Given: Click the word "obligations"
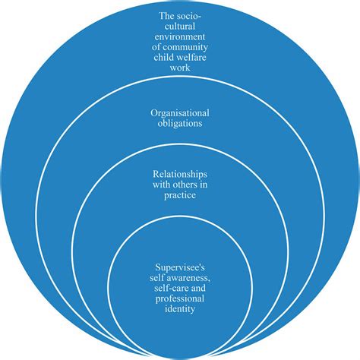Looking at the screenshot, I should click(180, 124).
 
